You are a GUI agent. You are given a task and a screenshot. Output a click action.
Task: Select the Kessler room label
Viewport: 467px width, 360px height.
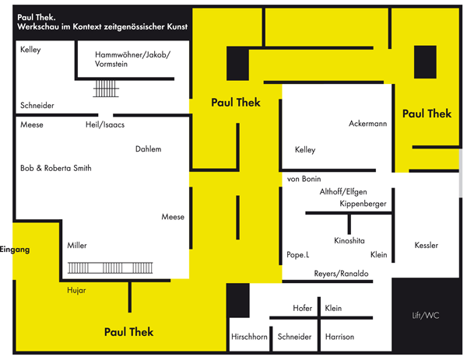coord(427,246)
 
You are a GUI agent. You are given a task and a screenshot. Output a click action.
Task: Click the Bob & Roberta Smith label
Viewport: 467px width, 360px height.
coord(56,168)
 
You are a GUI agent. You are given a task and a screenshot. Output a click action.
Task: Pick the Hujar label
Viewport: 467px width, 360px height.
coord(77,290)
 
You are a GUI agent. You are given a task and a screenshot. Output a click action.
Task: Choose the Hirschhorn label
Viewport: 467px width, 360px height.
coord(249,337)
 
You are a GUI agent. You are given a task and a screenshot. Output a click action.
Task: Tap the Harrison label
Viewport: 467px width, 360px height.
coord(339,337)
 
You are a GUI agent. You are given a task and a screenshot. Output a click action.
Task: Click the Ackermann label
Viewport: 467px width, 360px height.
coord(367,124)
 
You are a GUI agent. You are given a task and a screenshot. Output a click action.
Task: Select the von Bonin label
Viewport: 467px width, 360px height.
coord(304,179)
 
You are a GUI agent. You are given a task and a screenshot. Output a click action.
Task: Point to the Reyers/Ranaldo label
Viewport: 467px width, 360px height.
coord(341,273)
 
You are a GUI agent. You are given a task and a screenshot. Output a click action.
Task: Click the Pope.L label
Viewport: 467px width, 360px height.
coord(297,254)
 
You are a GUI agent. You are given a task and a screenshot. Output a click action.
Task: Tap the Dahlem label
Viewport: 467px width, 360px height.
coord(148,149)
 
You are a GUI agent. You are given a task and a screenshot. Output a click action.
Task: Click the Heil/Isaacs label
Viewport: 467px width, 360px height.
coord(105,124)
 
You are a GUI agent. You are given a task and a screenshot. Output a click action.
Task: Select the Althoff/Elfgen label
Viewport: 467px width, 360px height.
coord(343,191)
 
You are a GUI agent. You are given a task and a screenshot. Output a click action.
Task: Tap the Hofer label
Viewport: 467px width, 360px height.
coord(302,309)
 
